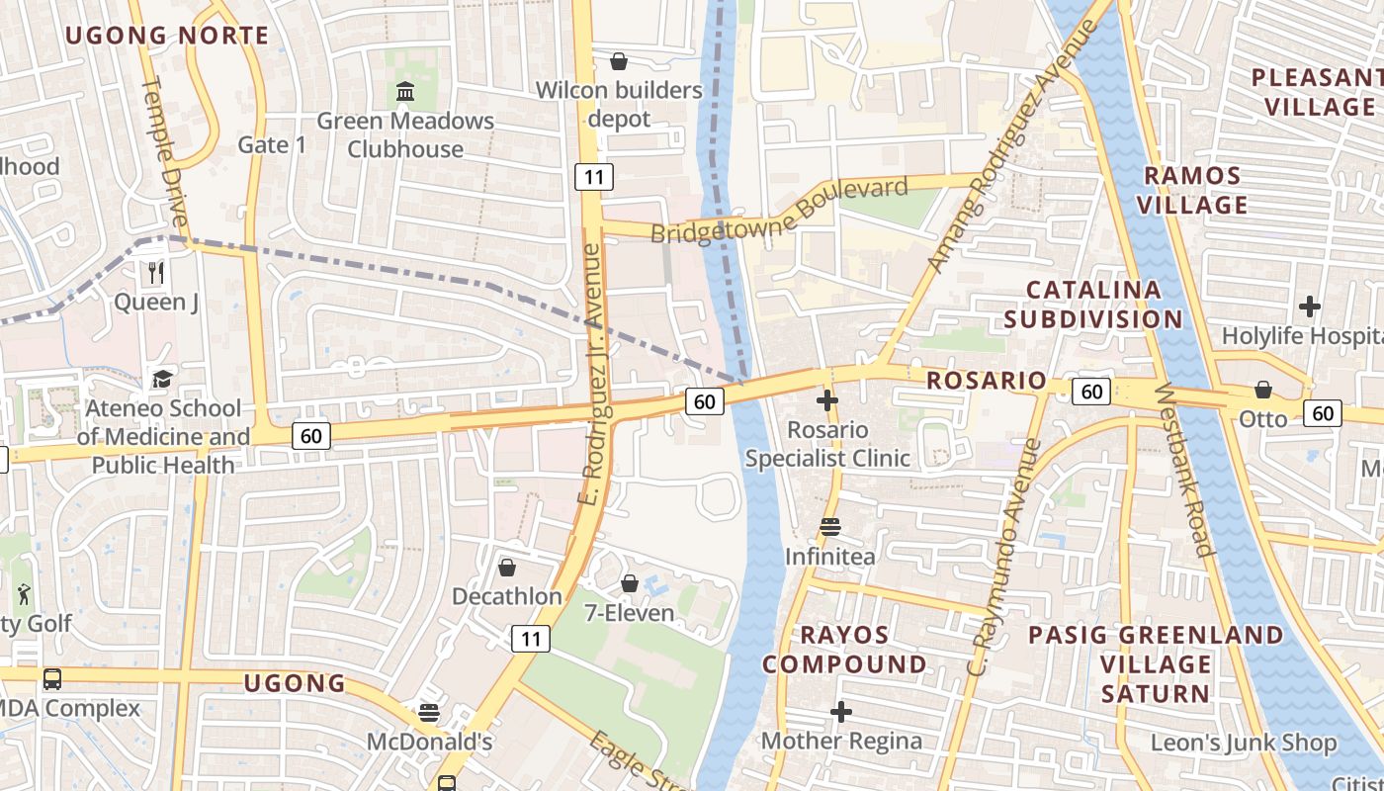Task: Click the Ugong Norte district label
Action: tap(167, 36)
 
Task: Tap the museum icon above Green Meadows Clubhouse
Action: tap(405, 92)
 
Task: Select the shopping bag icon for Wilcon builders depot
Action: tap(619, 62)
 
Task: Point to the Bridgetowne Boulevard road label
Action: tap(779, 211)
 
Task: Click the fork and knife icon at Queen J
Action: tap(155, 272)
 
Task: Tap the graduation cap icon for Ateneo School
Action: tap(162, 379)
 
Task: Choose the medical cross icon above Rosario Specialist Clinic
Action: tap(827, 400)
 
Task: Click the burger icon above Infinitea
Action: tap(830, 527)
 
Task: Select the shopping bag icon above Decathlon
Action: tap(507, 568)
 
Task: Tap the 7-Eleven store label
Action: tap(629, 613)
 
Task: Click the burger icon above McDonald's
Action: tap(429, 712)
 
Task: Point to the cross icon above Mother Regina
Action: tap(841, 712)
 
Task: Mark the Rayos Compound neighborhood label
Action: tap(844, 649)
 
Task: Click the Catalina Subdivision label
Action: tap(1103, 305)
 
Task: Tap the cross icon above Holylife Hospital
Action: tap(1310, 307)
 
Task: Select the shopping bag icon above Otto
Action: tap(1263, 390)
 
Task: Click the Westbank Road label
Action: tap(1184, 470)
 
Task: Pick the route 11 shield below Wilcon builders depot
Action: tap(594, 177)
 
